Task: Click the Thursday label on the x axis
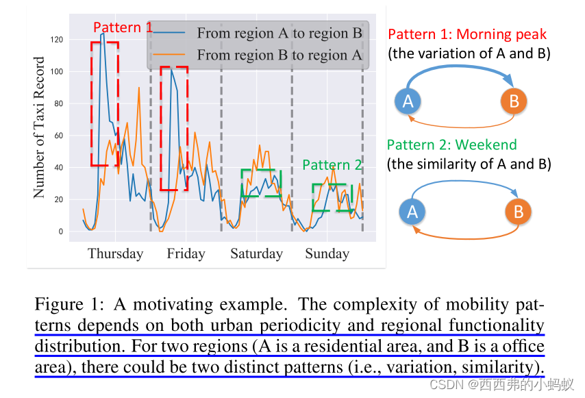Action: click(115, 253)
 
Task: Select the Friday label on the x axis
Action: click(186, 253)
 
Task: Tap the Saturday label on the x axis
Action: click(256, 253)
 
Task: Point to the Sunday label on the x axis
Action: click(327, 253)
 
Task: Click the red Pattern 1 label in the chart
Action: click(123, 28)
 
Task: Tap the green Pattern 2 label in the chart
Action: click(332, 165)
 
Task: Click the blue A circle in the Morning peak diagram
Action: click(408, 101)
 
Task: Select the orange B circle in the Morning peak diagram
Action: click(514, 101)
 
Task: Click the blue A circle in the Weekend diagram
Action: click(412, 212)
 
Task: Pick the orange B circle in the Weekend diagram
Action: click(518, 212)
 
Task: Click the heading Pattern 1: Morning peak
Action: click(467, 34)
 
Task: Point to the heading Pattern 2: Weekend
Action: click(451, 145)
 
